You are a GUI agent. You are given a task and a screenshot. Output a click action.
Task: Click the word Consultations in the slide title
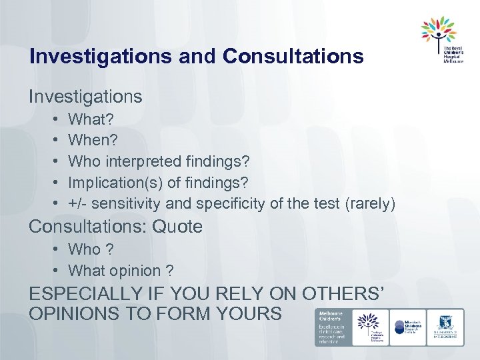tap(293, 56)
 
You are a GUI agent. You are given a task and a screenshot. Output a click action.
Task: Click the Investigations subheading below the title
tap(85, 97)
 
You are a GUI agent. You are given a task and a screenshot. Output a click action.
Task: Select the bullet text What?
tap(91, 120)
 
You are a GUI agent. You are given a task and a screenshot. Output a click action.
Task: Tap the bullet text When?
tap(93, 141)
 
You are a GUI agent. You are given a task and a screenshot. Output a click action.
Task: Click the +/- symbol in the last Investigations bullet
tap(78, 203)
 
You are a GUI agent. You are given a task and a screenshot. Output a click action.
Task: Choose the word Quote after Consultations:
tap(177, 227)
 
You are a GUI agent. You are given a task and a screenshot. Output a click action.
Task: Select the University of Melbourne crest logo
tap(445, 327)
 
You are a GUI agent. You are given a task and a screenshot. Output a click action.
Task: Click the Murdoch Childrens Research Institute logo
tap(409, 327)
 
